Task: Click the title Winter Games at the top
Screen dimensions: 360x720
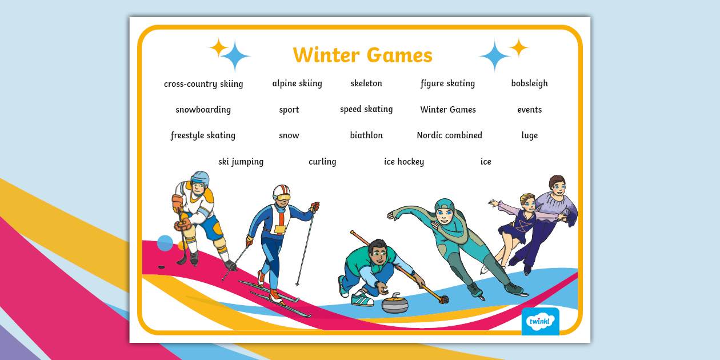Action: tap(362, 55)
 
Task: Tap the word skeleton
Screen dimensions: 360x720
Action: tap(366, 83)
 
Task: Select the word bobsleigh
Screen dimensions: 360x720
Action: tap(529, 83)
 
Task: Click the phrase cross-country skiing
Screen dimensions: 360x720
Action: tap(203, 84)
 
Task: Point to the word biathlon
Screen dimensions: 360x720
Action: tap(366, 135)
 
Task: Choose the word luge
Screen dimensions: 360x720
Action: tap(529, 135)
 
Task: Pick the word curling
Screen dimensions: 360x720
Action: tap(322, 162)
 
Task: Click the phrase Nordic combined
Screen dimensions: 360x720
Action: tap(449, 135)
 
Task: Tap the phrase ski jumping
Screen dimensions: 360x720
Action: tap(241, 162)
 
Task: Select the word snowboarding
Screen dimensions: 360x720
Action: tap(203, 110)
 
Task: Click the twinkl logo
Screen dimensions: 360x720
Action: tap(540, 321)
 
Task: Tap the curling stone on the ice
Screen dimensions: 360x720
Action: tap(395, 303)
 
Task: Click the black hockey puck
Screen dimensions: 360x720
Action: tap(162, 266)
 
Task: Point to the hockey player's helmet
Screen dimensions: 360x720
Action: tap(200, 178)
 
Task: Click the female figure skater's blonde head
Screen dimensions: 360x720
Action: tap(528, 201)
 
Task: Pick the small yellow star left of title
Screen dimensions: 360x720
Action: tap(218, 47)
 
